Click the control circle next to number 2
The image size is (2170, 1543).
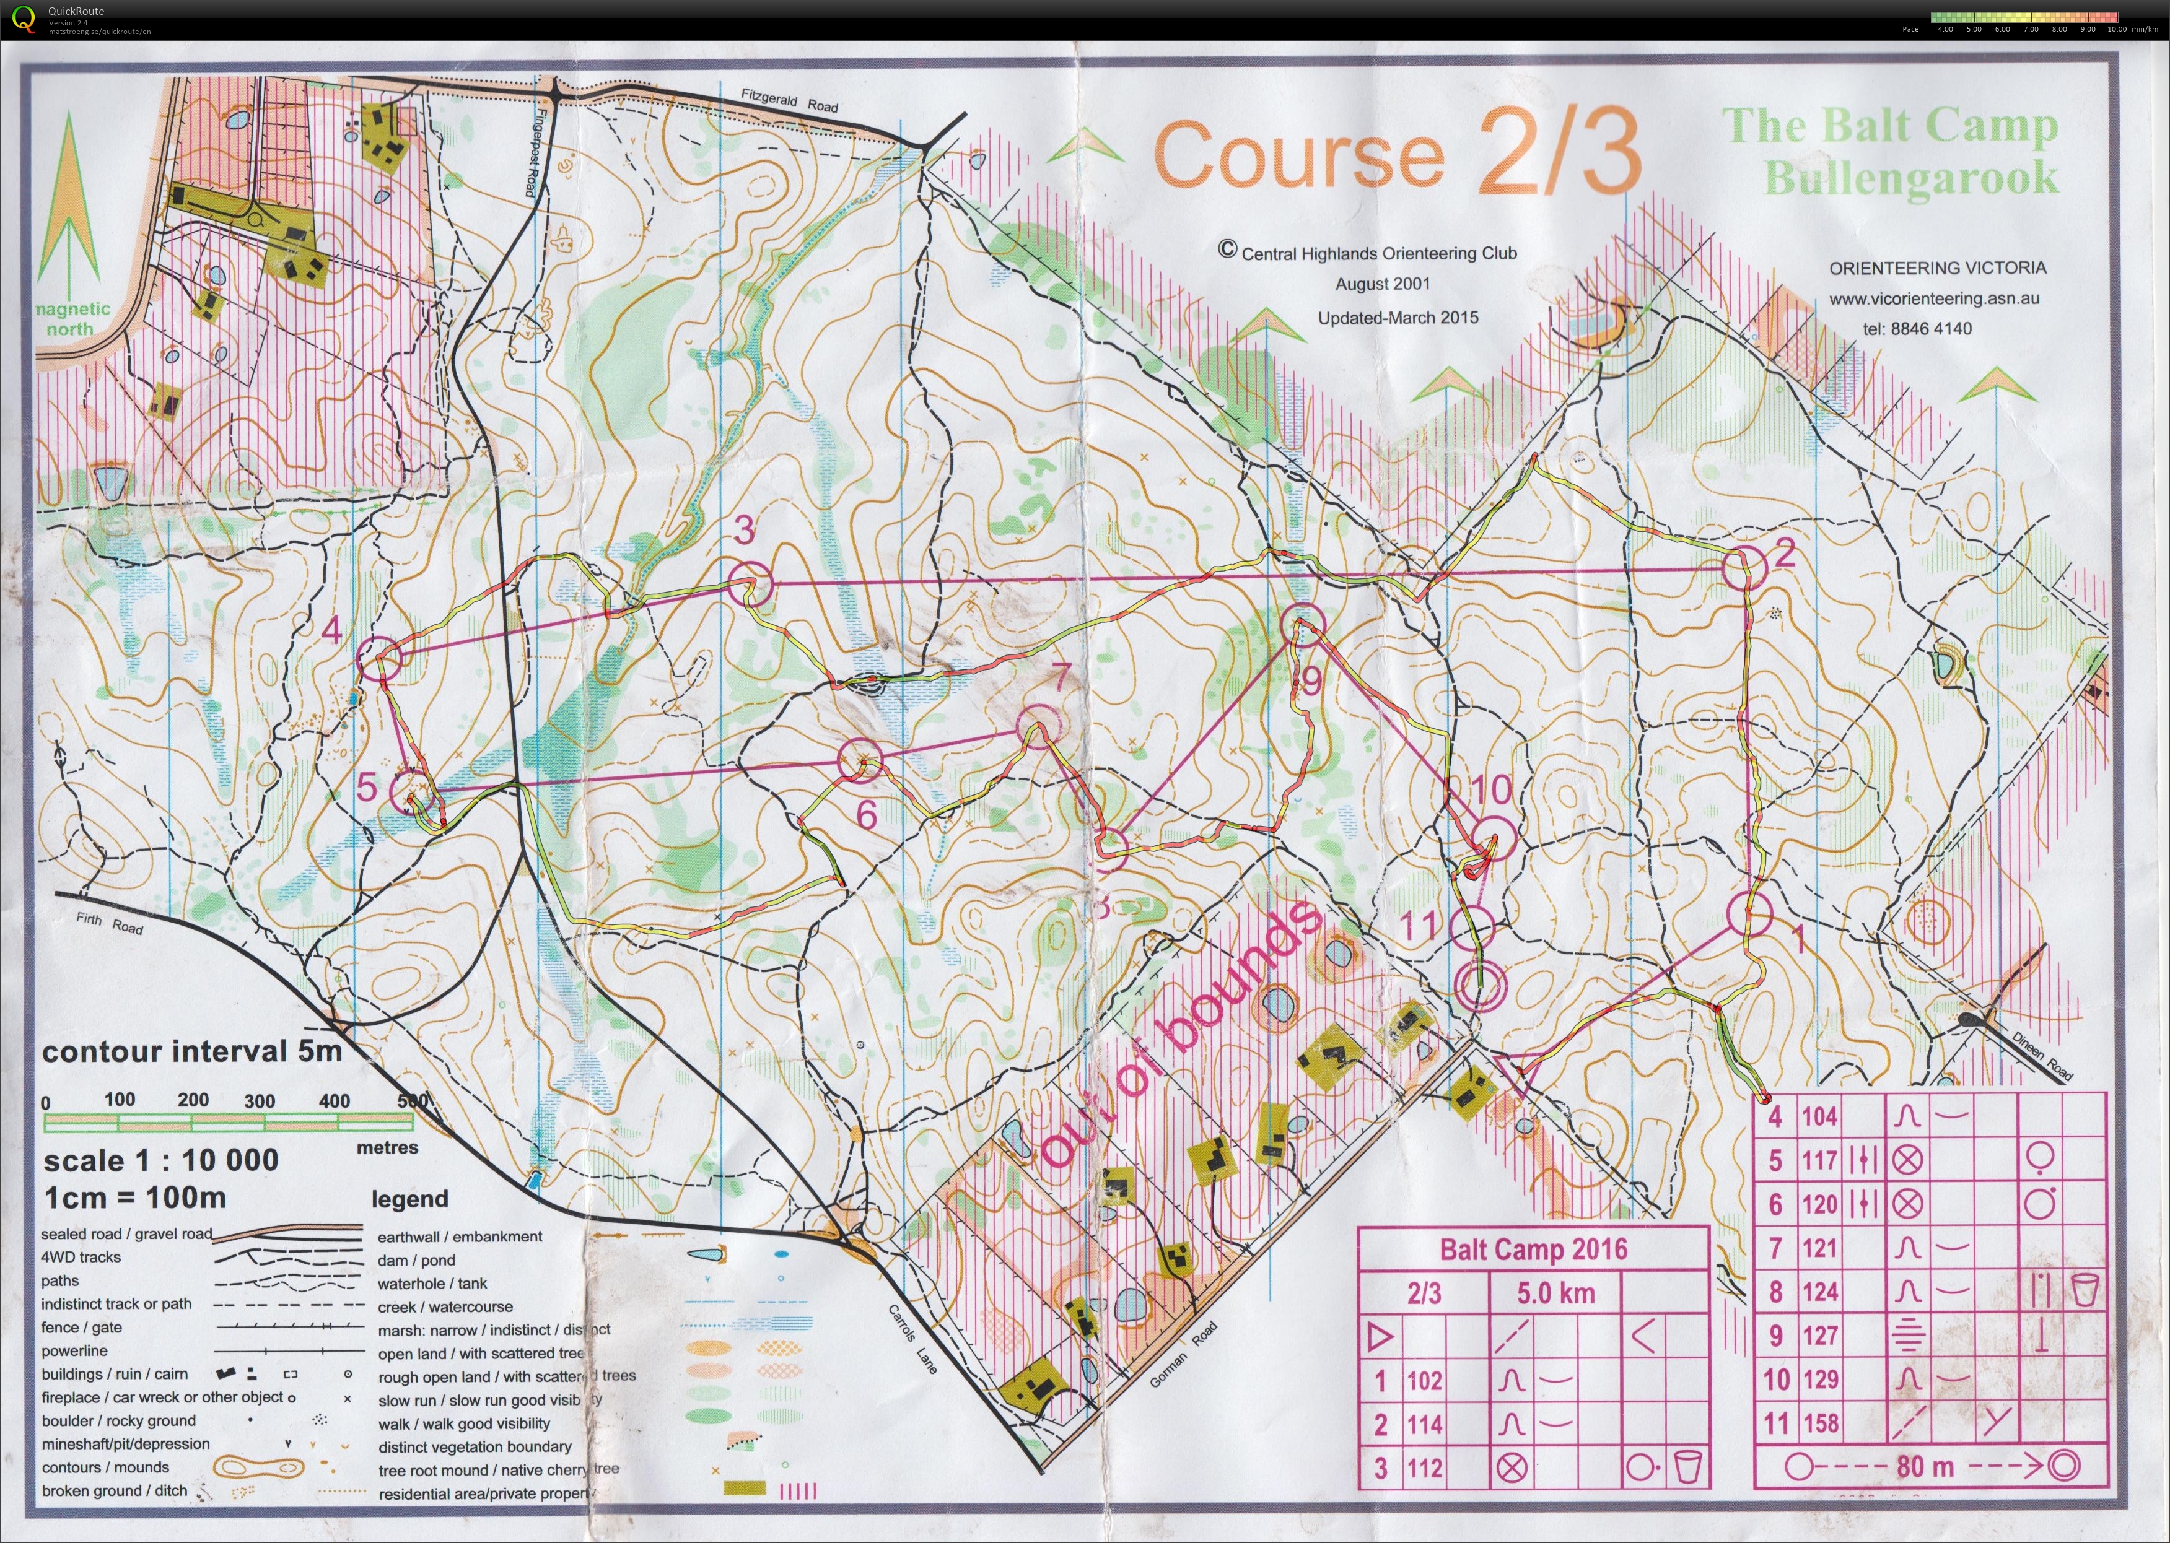click(1745, 568)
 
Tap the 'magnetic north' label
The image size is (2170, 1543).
click(73, 318)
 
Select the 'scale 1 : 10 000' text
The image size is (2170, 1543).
click(160, 1160)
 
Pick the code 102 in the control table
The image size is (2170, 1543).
click(1424, 1381)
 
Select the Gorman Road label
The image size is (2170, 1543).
click(1183, 1354)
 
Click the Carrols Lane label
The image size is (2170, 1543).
click(912, 1339)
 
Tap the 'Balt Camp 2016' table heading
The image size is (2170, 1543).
click(1533, 1248)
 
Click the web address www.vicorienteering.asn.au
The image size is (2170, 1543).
click(1934, 298)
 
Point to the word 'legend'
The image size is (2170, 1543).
click(409, 1199)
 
